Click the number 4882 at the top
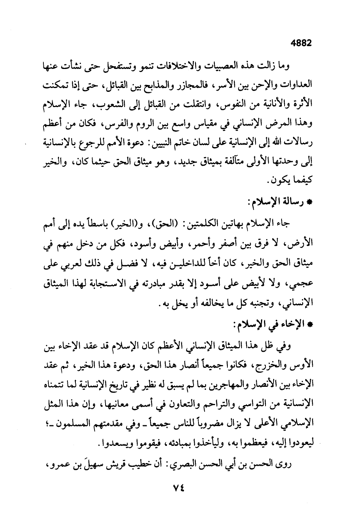pos(301,43)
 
